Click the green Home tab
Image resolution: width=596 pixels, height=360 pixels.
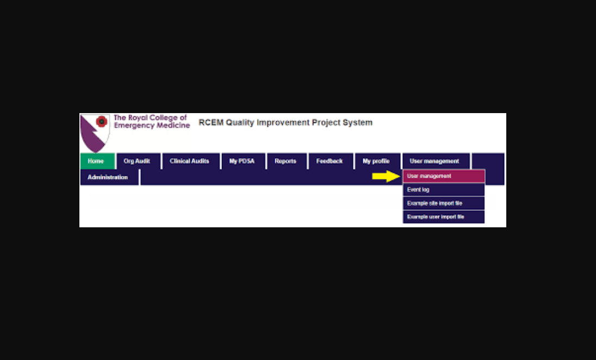pos(97,161)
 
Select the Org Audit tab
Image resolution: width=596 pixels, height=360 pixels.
pos(137,161)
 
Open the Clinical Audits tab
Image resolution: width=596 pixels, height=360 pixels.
pos(189,161)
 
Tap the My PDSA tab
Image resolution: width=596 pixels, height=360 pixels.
pos(242,161)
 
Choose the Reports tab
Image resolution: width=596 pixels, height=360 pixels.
pos(285,161)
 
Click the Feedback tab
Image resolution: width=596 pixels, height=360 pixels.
pos(330,161)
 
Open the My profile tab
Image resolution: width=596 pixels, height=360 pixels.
pos(376,161)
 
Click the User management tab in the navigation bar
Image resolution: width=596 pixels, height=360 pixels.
pos(434,161)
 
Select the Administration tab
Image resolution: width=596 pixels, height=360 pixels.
pos(108,177)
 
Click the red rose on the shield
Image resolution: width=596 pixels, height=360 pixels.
pos(101,121)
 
